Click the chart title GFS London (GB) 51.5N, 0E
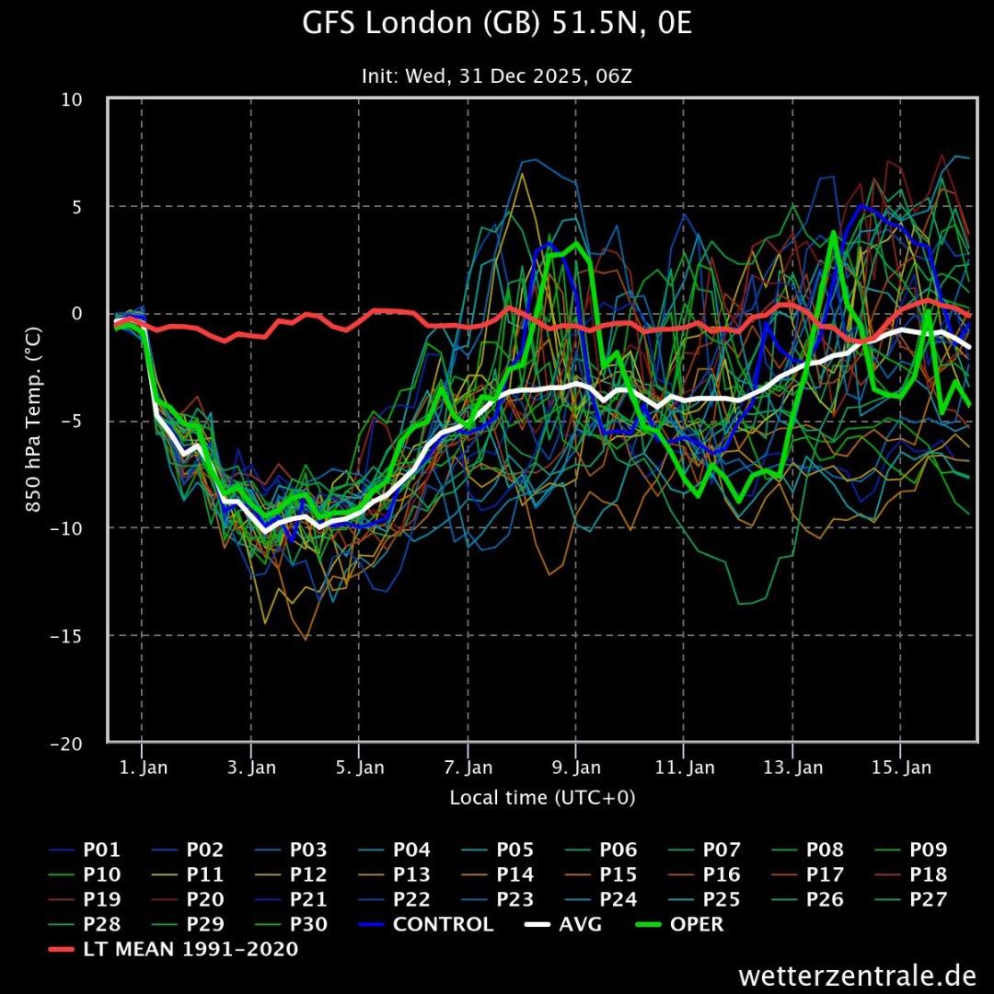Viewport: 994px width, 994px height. point(497,25)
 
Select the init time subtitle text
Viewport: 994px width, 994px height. point(497,76)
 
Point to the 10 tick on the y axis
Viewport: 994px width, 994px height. point(72,99)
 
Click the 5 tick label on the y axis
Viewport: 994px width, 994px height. point(77,206)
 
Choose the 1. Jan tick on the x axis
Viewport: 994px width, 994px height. point(144,768)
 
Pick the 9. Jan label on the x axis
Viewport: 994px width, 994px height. point(576,768)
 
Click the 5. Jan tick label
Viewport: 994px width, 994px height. point(359,768)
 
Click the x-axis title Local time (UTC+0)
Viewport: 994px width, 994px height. point(542,798)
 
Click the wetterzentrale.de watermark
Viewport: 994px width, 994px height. point(856,975)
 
